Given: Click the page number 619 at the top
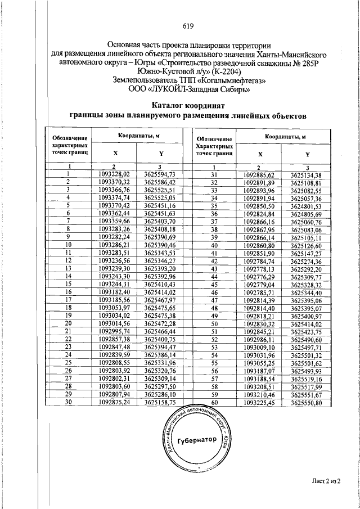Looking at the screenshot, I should (188, 26).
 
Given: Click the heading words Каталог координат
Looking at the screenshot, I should (188, 106).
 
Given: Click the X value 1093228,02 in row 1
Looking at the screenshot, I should (114, 174).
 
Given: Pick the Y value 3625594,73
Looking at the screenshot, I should (160, 174).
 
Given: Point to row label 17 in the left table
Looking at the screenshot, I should (68, 300).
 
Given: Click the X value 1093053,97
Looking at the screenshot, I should (114, 308).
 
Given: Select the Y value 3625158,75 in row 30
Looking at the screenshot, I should (160, 403).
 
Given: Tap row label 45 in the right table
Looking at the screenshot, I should (214, 285).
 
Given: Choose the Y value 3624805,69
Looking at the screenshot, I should (307, 214).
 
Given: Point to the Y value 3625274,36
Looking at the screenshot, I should (307, 261).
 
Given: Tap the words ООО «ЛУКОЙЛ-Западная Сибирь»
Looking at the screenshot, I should (188, 88).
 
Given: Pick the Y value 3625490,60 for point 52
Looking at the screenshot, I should (307, 340).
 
